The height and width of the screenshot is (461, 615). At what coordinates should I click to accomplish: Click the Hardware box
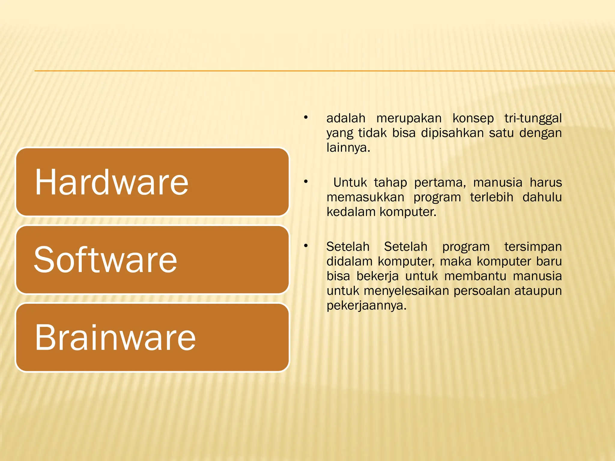pyautogui.click(x=152, y=182)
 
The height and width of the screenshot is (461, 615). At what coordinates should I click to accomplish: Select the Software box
pyautogui.click(x=152, y=260)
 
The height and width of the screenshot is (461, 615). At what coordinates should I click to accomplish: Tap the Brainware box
pyautogui.click(x=152, y=337)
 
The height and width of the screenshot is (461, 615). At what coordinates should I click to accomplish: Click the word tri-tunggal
pyautogui.click(x=533, y=118)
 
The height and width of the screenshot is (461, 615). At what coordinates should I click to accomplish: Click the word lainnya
pyautogui.click(x=348, y=148)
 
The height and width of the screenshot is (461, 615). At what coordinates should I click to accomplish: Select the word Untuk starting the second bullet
pyautogui.click(x=350, y=182)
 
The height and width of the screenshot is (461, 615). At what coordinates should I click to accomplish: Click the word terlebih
pyautogui.click(x=491, y=197)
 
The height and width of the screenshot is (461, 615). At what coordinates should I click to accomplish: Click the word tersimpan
pyautogui.click(x=533, y=247)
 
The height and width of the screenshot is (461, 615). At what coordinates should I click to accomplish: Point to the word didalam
pyautogui.click(x=350, y=261)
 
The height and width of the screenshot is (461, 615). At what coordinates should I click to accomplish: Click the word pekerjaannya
pyautogui.click(x=366, y=306)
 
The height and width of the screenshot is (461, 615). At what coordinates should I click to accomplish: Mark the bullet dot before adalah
pyautogui.click(x=306, y=117)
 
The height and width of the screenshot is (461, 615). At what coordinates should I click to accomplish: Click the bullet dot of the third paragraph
pyautogui.click(x=306, y=246)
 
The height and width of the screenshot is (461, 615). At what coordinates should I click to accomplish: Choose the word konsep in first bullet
pyautogui.click(x=473, y=118)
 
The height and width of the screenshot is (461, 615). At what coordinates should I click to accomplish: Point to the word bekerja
pyautogui.click(x=377, y=276)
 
